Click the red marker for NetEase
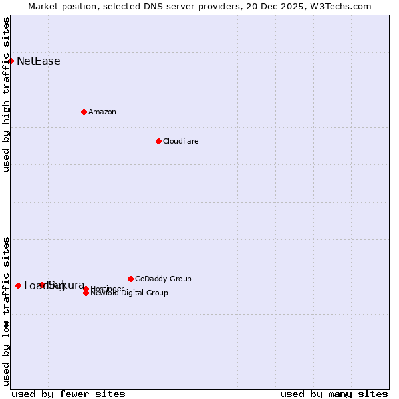pyautogui.click(x=11, y=61)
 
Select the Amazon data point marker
pyautogui.click(x=84, y=112)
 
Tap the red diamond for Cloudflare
pyautogui.click(x=158, y=141)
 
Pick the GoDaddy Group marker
pyautogui.click(x=130, y=279)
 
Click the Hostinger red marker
pyautogui.click(x=86, y=289)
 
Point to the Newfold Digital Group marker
pyautogui.click(x=86, y=293)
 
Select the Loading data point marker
pyautogui.click(x=18, y=285)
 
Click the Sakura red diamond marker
pyautogui.click(x=42, y=285)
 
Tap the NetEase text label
pyautogui.click(x=38, y=61)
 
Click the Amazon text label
pyautogui.click(x=102, y=112)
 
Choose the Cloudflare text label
pyautogui.click(x=180, y=141)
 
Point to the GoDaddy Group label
pyautogui.click(x=163, y=279)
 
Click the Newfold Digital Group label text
pyautogui.click(x=129, y=293)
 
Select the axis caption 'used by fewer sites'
pyautogui.click(x=68, y=394)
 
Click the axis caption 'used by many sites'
pyautogui.click(x=334, y=394)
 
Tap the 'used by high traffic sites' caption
pyautogui.click(x=7, y=94)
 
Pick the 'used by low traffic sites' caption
pyautogui.click(x=7, y=311)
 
